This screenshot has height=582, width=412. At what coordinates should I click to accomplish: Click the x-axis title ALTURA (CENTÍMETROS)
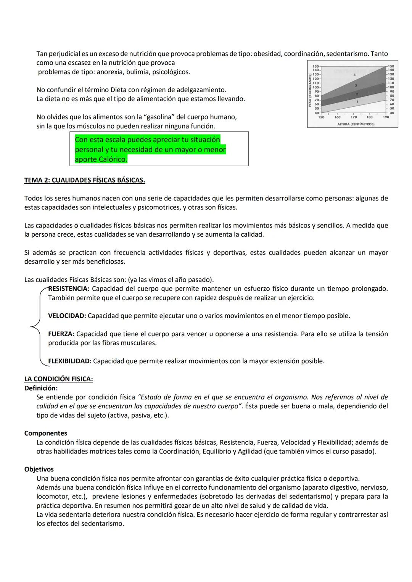(x=356, y=124)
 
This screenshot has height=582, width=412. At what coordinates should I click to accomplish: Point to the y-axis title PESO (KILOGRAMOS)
(x=311, y=90)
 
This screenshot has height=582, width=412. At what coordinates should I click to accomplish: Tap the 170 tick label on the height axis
(x=354, y=117)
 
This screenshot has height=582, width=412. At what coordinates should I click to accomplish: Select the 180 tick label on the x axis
(x=369, y=117)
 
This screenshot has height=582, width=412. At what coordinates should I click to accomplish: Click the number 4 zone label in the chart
(x=354, y=75)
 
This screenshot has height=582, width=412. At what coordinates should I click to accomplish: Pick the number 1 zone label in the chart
(x=357, y=102)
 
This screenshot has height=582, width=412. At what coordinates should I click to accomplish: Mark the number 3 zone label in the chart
(x=356, y=86)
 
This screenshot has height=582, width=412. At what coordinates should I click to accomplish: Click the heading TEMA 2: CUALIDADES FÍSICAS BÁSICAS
(x=84, y=180)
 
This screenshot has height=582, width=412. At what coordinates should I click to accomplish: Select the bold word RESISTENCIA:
(x=69, y=289)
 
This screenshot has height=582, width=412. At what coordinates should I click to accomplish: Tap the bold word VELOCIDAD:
(x=67, y=316)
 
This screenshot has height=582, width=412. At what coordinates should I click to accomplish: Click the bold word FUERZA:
(x=61, y=334)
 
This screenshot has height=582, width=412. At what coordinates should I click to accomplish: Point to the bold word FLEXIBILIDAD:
(x=69, y=361)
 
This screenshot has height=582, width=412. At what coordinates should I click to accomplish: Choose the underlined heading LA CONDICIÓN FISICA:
(x=58, y=379)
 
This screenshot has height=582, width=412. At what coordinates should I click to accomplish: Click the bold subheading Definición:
(x=41, y=388)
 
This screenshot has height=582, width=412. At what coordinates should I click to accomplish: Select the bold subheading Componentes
(x=45, y=433)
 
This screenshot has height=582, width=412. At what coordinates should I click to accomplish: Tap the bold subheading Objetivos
(x=39, y=470)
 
